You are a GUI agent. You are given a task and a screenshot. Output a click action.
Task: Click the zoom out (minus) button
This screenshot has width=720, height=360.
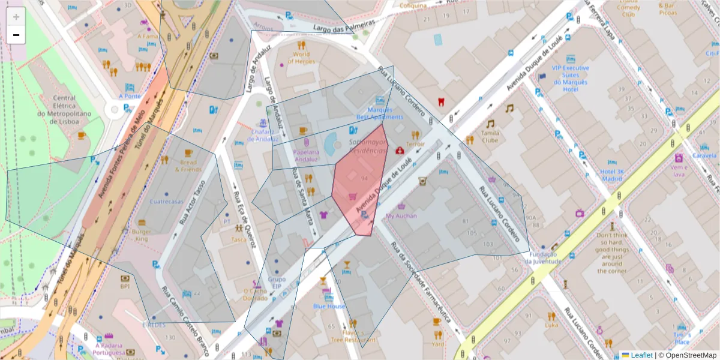(x=16, y=35)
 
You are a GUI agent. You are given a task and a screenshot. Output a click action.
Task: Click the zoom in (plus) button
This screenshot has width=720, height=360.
(x=16, y=17)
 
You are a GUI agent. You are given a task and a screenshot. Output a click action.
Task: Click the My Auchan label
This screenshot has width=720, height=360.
(x=401, y=215)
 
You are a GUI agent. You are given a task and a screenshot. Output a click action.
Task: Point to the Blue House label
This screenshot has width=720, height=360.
(x=329, y=306)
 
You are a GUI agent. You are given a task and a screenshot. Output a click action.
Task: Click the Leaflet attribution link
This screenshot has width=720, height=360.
(x=641, y=355)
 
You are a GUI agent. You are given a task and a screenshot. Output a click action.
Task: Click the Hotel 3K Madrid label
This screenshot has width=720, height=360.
(x=613, y=175)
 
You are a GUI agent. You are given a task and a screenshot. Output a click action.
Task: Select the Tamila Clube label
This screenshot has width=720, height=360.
(x=491, y=137)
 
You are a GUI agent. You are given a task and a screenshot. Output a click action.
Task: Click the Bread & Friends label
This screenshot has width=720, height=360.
(x=188, y=166)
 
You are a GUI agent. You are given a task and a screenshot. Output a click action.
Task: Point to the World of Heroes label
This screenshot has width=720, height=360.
(x=302, y=58)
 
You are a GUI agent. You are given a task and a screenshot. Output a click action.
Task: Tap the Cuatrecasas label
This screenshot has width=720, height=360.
(x=166, y=202)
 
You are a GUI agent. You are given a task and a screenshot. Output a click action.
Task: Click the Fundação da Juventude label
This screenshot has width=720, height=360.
(x=542, y=257)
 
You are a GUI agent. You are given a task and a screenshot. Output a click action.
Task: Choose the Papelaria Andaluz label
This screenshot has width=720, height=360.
(x=306, y=155)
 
